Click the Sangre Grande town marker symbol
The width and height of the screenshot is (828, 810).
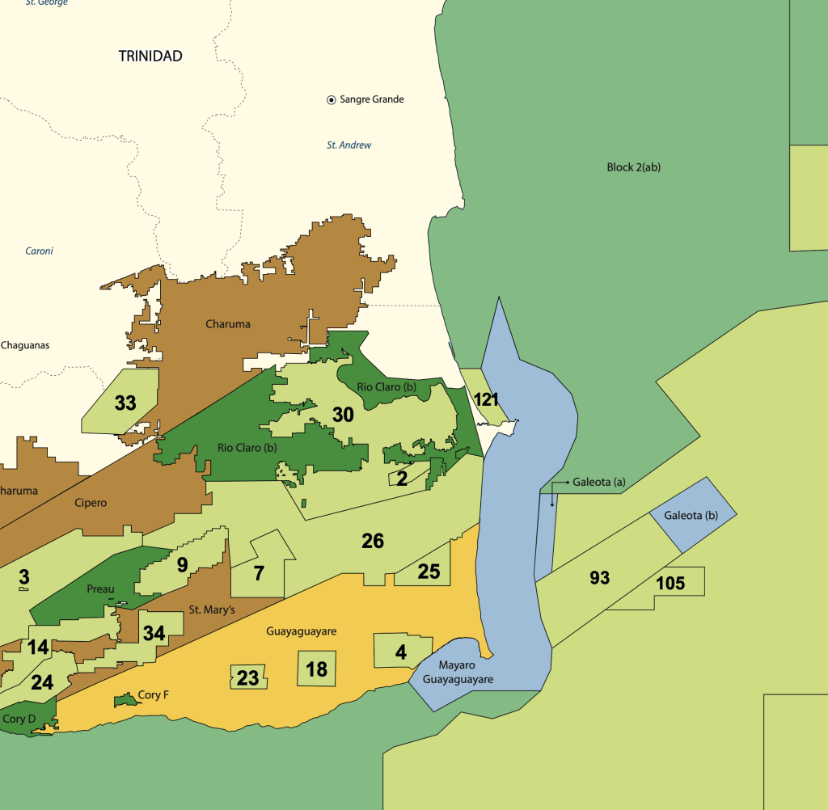(331, 99)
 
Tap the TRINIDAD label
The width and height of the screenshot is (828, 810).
(150, 56)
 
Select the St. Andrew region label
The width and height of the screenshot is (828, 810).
(349, 146)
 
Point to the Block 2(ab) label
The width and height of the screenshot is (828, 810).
(634, 167)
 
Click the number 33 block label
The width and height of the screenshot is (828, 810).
(125, 403)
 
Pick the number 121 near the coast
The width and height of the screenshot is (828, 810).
(486, 399)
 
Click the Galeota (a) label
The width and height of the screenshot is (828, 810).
(599, 483)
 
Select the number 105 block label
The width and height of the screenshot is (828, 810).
(670, 584)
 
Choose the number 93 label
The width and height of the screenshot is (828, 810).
(599, 578)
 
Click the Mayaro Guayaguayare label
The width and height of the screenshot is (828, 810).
(466, 673)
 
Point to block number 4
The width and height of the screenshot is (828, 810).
(401, 652)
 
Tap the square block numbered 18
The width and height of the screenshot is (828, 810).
(316, 669)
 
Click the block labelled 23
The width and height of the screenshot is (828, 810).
(247, 677)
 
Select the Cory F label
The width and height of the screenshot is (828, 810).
(153, 694)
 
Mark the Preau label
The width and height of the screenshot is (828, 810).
(100, 589)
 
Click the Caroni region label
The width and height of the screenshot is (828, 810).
(39, 251)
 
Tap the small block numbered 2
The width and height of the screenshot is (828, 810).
(402, 478)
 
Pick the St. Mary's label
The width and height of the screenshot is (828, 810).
(212, 610)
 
